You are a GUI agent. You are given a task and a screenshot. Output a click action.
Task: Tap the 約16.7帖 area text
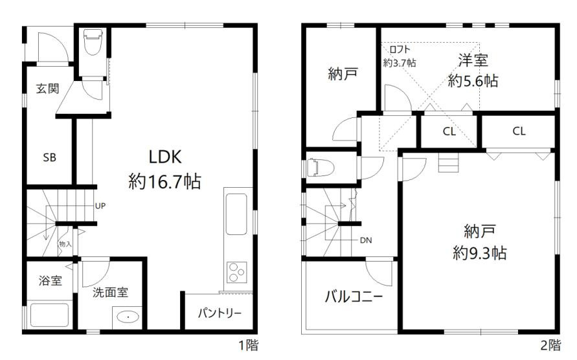tap(164, 182)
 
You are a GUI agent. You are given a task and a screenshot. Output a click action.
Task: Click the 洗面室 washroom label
tap(109, 291)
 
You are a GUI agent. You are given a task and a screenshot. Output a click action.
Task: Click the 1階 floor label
tap(248, 346)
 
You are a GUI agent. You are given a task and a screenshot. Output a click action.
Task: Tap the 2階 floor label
tap(550, 346)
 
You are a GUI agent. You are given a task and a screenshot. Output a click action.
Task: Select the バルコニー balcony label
tap(354, 297)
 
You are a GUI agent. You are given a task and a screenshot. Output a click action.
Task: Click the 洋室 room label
tap(473, 61)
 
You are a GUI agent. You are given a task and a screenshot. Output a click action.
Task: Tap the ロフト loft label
tap(399, 49)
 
